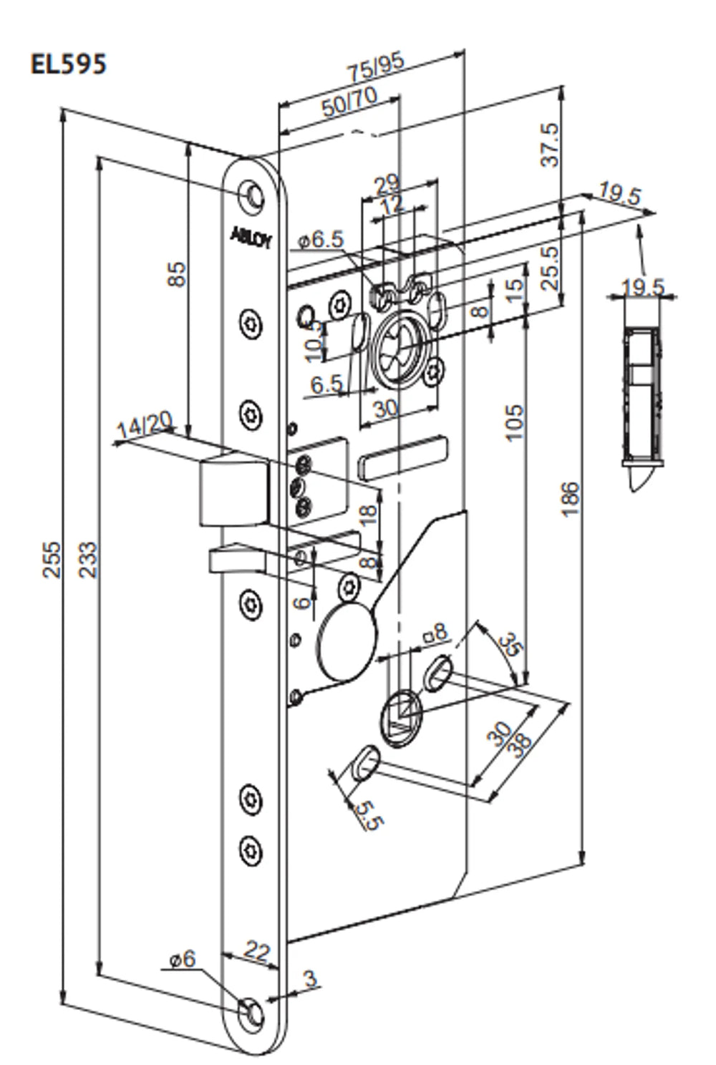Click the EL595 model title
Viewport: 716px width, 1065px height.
coord(68,64)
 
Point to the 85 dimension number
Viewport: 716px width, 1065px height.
coord(176,274)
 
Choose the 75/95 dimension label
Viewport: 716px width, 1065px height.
coord(376,67)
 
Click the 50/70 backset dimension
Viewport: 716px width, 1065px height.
coord(349,104)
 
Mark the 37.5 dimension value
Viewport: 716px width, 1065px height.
coord(549,145)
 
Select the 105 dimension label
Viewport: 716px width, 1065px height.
coord(513,423)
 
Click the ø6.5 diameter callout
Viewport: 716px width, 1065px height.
coord(321,240)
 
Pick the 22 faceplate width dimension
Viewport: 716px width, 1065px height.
coord(256,951)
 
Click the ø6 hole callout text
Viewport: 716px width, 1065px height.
coord(183,958)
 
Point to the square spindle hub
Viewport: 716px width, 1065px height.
coord(402,716)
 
